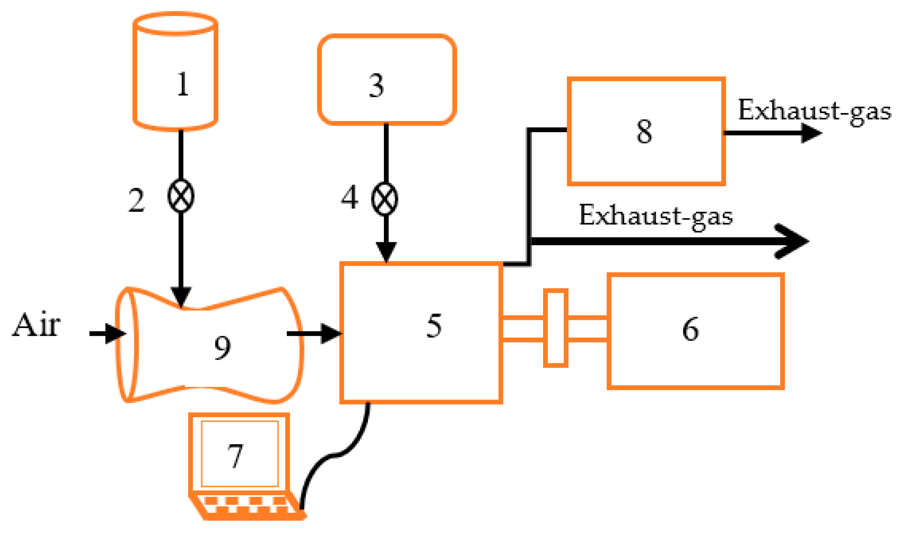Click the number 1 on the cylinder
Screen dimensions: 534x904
[183, 84]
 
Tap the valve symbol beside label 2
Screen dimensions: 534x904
[181, 196]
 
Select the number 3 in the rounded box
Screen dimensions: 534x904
[376, 86]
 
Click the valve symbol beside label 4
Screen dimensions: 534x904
[385, 199]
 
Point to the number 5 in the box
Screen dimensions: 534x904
[434, 325]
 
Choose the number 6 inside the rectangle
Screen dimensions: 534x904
[690, 329]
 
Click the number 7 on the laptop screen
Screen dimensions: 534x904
[236, 455]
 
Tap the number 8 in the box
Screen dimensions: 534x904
[644, 131]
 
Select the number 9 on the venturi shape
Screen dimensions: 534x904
[222, 348]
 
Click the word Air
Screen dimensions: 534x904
[36, 325]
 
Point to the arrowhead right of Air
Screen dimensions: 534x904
[114, 334]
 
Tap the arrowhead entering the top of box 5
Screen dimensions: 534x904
[386, 252]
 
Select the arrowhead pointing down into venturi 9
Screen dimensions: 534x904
[181, 297]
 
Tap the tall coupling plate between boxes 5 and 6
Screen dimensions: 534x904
[555, 328]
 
